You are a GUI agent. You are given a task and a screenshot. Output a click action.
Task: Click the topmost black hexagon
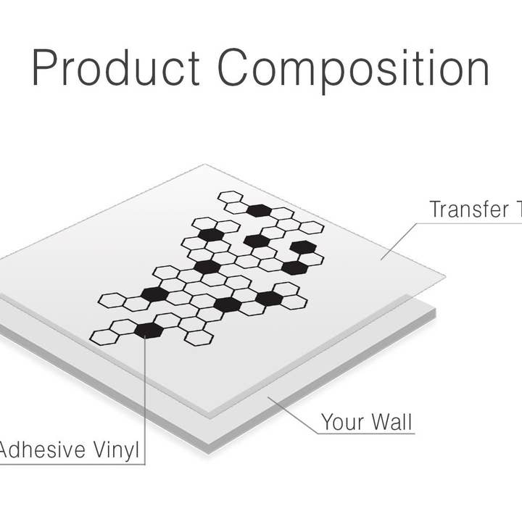pyautogui.click(x=258, y=210)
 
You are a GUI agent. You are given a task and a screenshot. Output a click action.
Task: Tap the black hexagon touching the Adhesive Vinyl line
pyautogui.click(x=148, y=330)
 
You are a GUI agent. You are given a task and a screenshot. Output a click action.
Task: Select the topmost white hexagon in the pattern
pyautogui.click(x=231, y=196)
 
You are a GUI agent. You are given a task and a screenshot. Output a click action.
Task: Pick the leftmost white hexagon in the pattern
pyautogui.click(x=104, y=336)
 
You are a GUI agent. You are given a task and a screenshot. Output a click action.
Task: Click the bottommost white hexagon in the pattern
pyautogui.click(x=199, y=337)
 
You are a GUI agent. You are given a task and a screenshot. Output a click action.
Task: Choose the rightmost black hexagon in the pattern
pyautogui.click(x=302, y=246)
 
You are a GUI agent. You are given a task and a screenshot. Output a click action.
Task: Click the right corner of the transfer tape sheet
pyautogui.click(x=444, y=278)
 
